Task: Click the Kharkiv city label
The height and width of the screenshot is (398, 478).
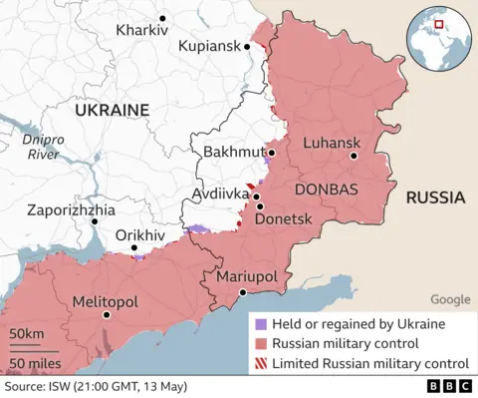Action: click(x=141, y=31)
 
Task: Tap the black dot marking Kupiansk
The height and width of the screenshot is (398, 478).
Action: click(x=246, y=46)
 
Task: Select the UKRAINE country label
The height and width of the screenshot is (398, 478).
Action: click(x=109, y=110)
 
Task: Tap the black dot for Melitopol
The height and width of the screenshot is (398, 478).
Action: click(x=107, y=315)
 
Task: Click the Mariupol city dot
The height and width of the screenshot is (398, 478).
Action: click(x=242, y=292)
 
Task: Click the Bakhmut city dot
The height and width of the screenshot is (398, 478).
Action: click(x=270, y=153)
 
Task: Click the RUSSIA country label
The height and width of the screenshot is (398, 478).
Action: click(x=435, y=198)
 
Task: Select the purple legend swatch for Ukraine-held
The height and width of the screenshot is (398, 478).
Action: click(x=261, y=324)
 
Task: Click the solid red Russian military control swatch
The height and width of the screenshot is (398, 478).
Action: click(x=261, y=344)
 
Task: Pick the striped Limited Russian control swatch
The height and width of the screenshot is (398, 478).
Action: click(x=261, y=364)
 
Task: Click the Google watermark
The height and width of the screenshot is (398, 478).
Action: click(x=450, y=299)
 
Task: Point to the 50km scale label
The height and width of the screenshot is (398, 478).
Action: click(x=27, y=332)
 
